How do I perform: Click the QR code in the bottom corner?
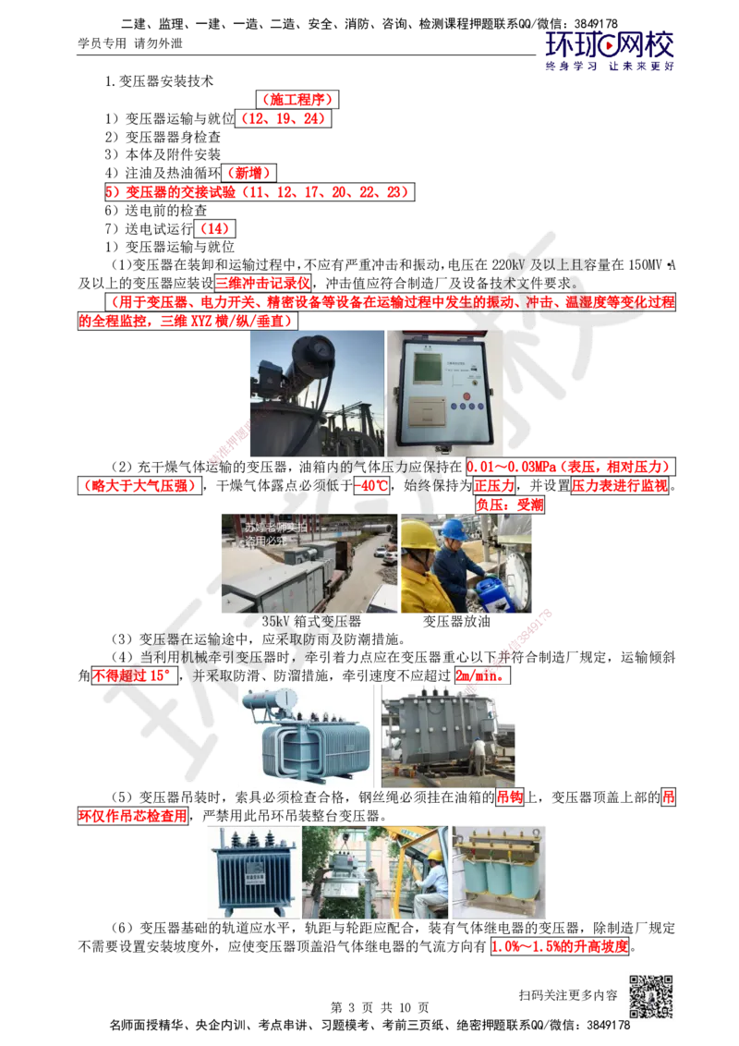click(x=649, y=997)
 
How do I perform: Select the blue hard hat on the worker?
click(x=453, y=529)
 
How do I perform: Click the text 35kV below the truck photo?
click(x=274, y=621)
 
